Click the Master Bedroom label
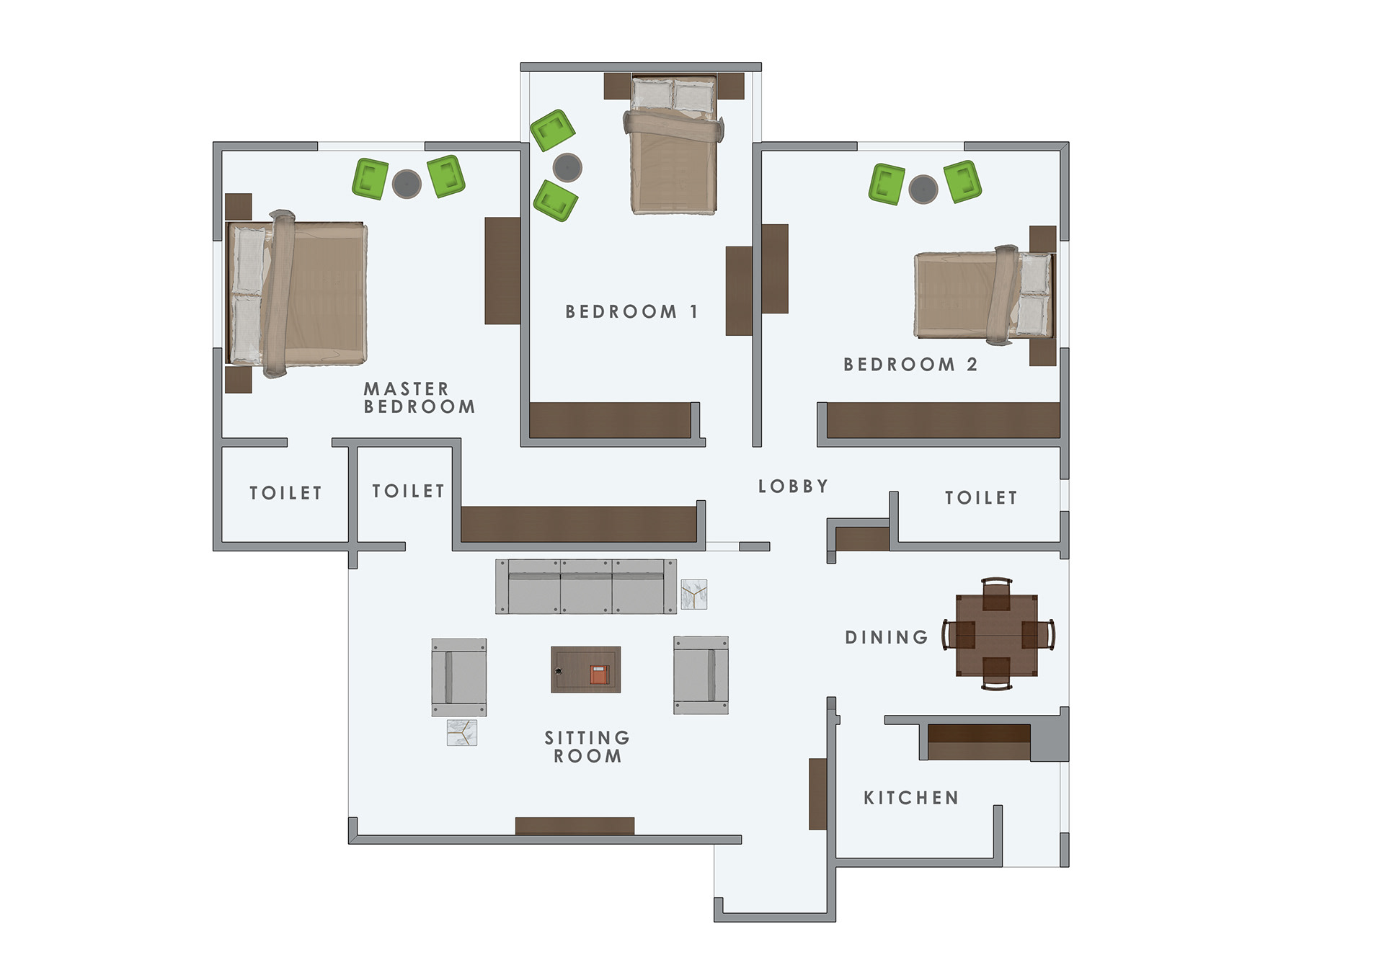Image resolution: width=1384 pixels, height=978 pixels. (x=419, y=398)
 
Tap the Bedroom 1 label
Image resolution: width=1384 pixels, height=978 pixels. (x=631, y=311)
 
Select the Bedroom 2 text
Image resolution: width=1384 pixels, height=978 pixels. (x=910, y=364)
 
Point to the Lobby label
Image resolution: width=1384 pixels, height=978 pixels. (x=793, y=486)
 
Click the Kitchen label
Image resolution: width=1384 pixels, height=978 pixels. (x=911, y=798)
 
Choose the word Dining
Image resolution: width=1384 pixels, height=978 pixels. (x=887, y=637)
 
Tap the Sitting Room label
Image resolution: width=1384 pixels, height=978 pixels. (x=587, y=747)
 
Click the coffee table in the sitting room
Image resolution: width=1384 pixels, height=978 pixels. (x=585, y=670)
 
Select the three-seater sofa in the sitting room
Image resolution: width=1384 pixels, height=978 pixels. (x=585, y=587)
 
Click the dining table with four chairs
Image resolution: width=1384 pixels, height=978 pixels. (x=997, y=635)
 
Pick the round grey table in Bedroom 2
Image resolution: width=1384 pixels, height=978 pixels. (x=923, y=189)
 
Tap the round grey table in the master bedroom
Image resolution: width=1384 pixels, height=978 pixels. (x=407, y=184)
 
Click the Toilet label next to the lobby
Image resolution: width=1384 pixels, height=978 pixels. (x=980, y=497)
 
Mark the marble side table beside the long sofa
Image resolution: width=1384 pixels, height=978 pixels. (x=693, y=595)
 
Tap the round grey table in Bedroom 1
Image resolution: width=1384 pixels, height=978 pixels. (x=567, y=167)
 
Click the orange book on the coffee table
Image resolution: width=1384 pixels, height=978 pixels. (x=599, y=675)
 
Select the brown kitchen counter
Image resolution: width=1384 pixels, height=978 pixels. (x=978, y=742)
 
